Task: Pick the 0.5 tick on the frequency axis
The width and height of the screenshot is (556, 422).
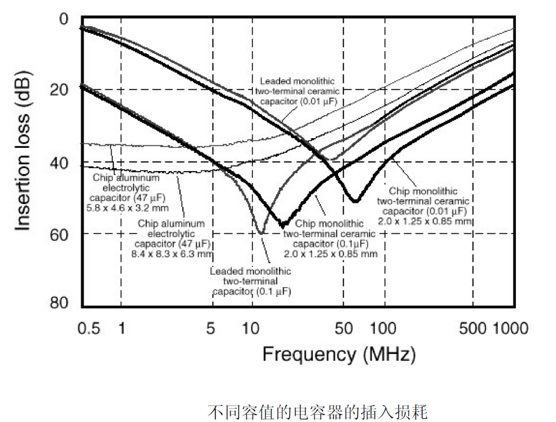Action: (x=89, y=329)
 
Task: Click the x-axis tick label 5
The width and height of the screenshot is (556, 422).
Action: (x=211, y=329)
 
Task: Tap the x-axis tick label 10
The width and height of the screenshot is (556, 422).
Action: (x=251, y=329)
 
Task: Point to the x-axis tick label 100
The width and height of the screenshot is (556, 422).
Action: (x=384, y=329)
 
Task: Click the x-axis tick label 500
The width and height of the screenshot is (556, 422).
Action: (x=472, y=329)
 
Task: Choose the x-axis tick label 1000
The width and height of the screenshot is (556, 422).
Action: (x=511, y=329)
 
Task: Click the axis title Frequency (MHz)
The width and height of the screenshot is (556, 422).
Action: (x=338, y=355)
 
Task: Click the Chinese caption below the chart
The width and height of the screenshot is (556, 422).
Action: (x=318, y=412)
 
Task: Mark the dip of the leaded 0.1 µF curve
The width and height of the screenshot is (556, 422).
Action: (x=262, y=233)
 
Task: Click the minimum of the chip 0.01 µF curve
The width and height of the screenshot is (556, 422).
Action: (x=355, y=200)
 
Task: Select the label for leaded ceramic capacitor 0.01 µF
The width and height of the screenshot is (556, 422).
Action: (x=298, y=91)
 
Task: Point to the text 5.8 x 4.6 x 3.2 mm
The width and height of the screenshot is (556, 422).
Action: (x=129, y=208)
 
